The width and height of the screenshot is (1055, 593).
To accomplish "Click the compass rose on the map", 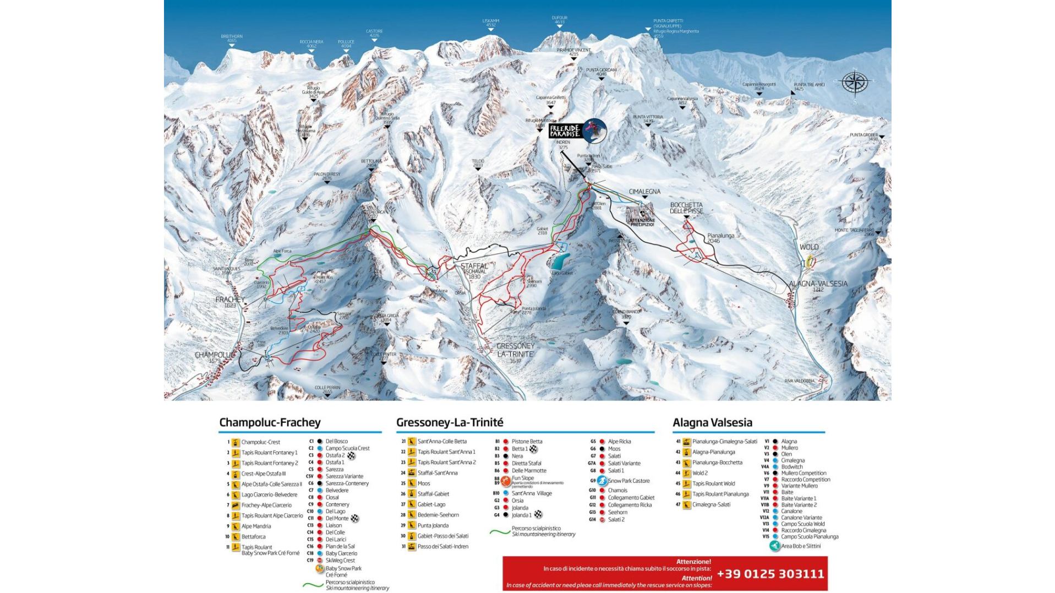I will pyautogui.click(x=855, y=83).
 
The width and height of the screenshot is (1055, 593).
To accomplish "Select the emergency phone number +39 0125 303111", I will pyautogui.click(x=770, y=574).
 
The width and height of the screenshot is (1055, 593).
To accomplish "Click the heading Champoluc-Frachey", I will pyautogui.click(x=270, y=422).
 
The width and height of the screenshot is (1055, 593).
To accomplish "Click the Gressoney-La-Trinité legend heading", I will pyautogui.click(x=450, y=422).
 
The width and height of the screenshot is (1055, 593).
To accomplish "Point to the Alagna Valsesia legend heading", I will pyautogui.click(x=712, y=422).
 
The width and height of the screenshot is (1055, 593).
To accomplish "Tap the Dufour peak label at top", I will pyautogui.click(x=559, y=19).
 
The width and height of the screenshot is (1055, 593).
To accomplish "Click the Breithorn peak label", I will pyautogui.click(x=232, y=38).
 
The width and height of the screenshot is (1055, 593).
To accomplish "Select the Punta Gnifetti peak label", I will pyautogui.click(x=668, y=23).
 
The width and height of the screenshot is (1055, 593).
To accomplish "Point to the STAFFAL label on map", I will pyautogui.click(x=474, y=266).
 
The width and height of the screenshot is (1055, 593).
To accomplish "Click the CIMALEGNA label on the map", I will pyautogui.click(x=644, y=192).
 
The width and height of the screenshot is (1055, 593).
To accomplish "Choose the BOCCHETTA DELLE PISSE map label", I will pyautogui.click(x=686, y=208).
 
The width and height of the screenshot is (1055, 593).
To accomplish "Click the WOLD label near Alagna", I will pyautogui.click(x=808, y=247).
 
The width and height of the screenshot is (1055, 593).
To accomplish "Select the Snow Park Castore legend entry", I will pyautogui.click(x=627, y=481).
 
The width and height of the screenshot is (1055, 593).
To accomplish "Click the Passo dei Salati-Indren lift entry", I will pyautogui.click(x=442, y=546).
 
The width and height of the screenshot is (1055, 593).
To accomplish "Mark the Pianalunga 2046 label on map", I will pyautogui.click(x=720, y=238).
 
